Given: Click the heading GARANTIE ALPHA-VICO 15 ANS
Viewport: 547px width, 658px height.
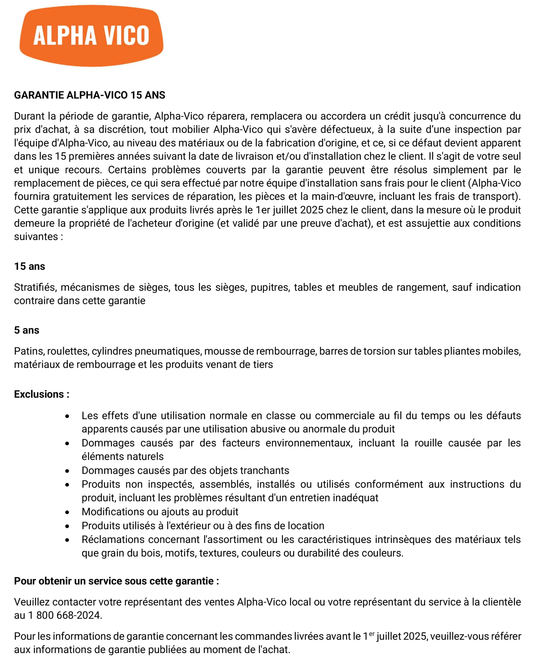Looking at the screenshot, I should coord(90,95).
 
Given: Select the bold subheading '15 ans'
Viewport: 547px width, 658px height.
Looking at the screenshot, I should coord(29,266).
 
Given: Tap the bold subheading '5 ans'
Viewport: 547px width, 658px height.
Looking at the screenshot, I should coord(27,330).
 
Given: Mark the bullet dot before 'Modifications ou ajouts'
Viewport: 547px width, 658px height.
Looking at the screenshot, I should coord(67,512).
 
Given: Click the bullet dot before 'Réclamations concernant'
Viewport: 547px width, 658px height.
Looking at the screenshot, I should coord(67,540).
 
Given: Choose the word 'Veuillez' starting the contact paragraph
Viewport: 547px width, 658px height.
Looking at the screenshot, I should coord(32,602).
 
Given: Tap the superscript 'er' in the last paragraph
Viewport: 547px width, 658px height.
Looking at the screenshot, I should coord(372,633).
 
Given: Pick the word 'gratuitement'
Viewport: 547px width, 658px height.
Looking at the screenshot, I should coord(82,196).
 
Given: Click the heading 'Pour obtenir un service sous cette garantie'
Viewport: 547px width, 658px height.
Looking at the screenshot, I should coord(116,581).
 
